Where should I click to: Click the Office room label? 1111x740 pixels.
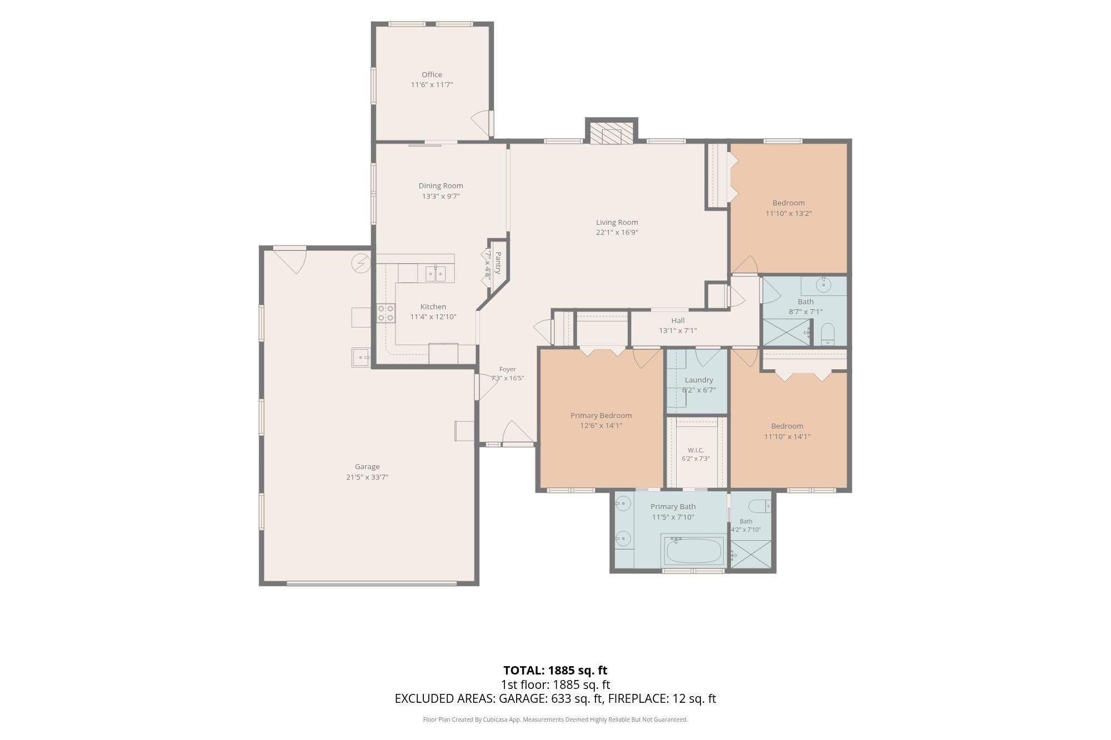[x=432, y=74]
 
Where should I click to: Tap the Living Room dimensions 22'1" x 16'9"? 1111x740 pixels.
[x=617, y=233]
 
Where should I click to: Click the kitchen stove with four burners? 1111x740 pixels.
[x=386, y=313]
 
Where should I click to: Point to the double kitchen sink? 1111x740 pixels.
[x=436, y=273]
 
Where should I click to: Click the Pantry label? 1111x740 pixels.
[x=498, y=263]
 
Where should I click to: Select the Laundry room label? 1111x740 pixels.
[x=699, y=380]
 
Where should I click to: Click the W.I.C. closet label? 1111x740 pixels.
[x=695, y=450]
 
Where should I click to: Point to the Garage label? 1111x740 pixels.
[x=367, y=467]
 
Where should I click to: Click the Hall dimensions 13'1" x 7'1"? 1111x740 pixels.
[x=678, y=330]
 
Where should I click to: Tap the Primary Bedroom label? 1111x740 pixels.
[x=601, y=415]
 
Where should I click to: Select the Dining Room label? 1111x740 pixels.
[x=441, y=185]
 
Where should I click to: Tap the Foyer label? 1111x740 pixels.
[x=507, y=369]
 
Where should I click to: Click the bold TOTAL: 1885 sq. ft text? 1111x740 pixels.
[x=555, y=670]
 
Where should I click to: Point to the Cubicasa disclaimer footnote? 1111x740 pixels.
[x=555, y=719]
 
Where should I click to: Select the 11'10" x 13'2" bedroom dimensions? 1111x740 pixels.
[x=789, y=213]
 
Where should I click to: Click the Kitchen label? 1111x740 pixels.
[x=433, y=306]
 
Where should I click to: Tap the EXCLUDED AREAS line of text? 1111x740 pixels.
[x=555, y=699]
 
